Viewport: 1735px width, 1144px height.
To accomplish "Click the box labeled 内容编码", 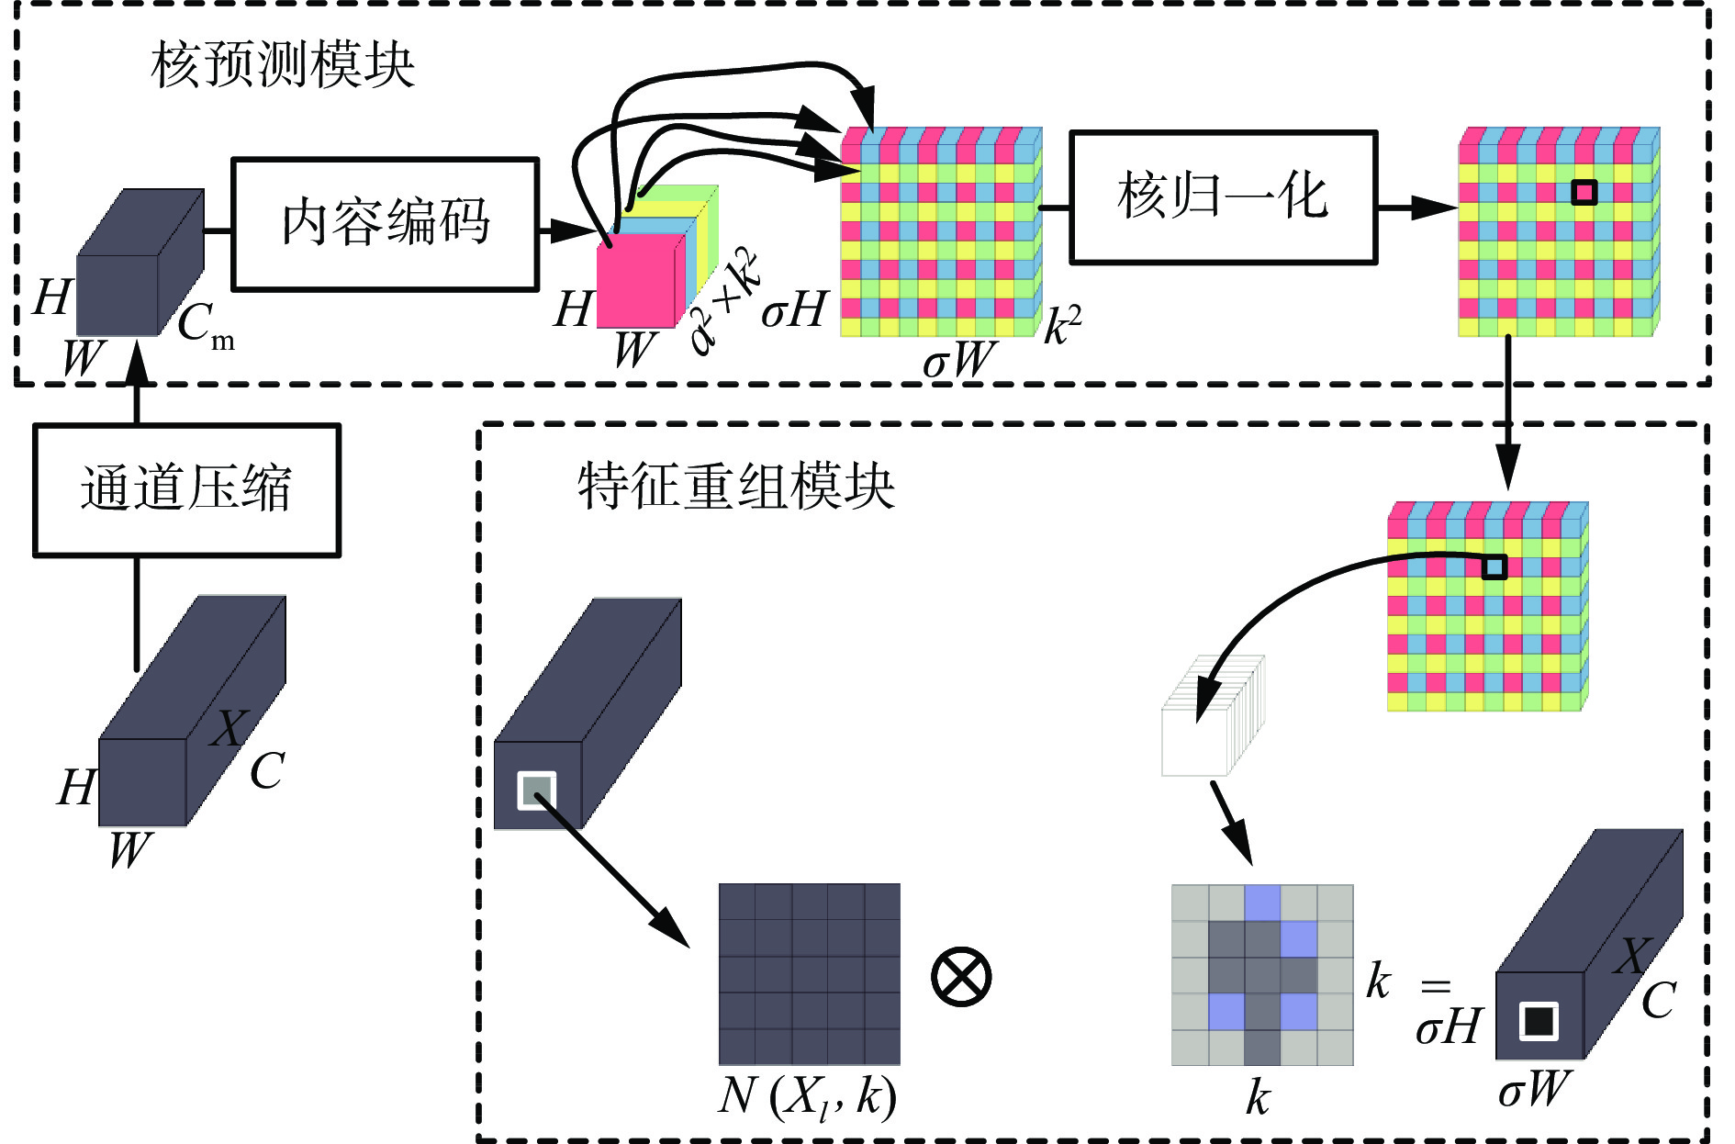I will click(x=385, y=224).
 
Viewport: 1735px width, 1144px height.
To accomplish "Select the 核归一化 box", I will click(x=1223, y=197).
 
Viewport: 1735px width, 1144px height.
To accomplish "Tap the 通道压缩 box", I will click(x=186, y=489).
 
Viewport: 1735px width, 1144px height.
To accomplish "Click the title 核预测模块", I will click(x=283, y=65).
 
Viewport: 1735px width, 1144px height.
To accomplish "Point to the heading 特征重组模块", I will click(x=735, y=486).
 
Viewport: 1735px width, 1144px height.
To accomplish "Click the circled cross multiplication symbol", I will click(x=961, y=976).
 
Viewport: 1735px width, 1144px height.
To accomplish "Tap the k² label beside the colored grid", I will click(x=1063, y=325).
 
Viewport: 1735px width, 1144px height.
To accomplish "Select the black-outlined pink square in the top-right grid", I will click(x=1584, y=192).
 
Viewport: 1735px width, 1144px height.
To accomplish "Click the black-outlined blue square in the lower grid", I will click(x=1494, y=567).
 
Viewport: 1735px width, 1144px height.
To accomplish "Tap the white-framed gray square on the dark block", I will click(x=537, y=791).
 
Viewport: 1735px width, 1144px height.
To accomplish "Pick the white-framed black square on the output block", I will click(x=1539, y=1021).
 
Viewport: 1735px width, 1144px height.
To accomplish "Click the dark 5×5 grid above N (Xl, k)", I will click(x=809, y=974).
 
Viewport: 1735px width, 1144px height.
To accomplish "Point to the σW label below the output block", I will click(x=1534, y=1090).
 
